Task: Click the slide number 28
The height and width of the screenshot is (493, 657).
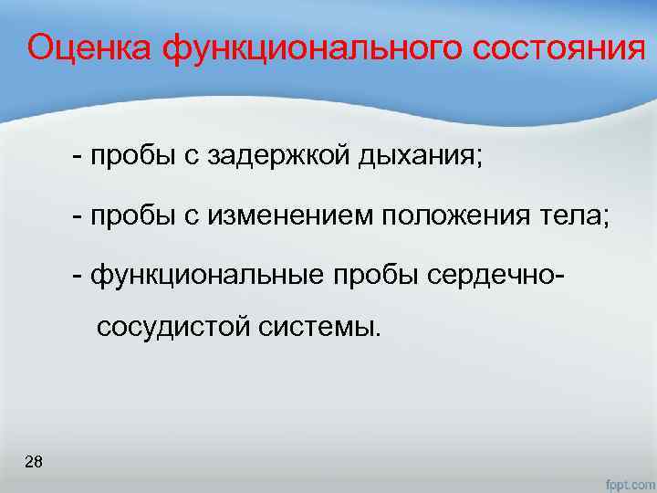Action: (x=34, y=462)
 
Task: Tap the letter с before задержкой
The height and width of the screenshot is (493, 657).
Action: (x=193, y=157)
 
